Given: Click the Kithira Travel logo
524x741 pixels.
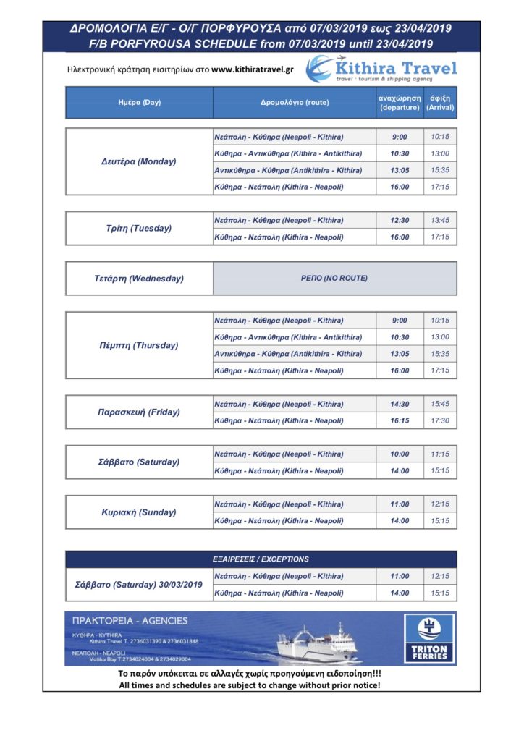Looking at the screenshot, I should click(381, 69).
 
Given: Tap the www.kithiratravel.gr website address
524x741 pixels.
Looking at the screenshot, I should click(253, 69).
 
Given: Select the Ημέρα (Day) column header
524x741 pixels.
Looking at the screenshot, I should click(139, 103).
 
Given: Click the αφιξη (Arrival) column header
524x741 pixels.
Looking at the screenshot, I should click(440, 103).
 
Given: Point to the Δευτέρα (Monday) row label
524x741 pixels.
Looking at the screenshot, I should click(139, 161).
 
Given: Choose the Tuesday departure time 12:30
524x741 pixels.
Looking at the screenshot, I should click(400, 220).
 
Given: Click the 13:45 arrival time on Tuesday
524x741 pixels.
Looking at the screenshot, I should click(440, 220).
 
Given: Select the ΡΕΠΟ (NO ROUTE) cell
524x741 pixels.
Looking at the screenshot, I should click(334, 278).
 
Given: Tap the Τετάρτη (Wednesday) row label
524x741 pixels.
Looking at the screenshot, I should click(139, 278).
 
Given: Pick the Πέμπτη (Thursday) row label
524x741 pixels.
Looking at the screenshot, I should click(139, 345).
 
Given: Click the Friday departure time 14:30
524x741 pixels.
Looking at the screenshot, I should click(400, 404).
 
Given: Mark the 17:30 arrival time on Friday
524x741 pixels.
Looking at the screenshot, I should click(440, 420).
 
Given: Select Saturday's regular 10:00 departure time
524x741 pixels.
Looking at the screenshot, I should click(400, 454).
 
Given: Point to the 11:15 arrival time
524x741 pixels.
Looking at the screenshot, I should click(440, 454).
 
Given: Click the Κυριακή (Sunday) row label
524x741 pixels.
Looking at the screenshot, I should click(139, 512).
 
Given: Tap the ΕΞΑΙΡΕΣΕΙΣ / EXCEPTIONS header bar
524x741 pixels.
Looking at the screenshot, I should click(261, 559).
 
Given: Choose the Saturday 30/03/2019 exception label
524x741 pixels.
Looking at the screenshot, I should click(139, 585).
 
